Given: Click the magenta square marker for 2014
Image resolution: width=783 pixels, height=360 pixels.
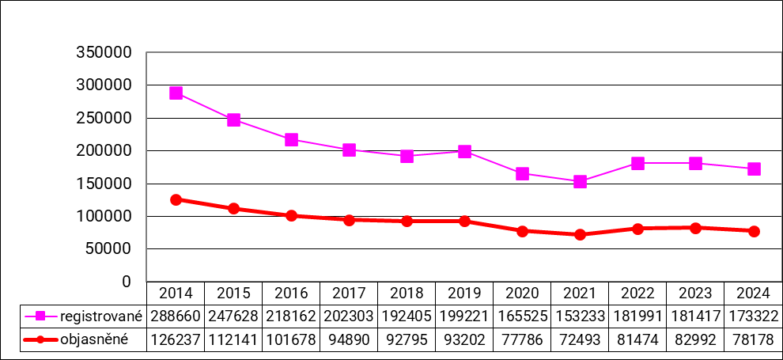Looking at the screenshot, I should click(176, 93).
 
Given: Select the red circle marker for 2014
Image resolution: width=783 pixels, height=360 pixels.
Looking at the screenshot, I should click(176, 199).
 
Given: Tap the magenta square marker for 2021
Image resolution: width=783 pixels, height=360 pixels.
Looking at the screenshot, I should click(581, 182).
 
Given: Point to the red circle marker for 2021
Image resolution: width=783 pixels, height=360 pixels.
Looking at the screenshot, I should click(581, 234).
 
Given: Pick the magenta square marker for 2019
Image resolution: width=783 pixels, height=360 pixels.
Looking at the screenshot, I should click(465, 152).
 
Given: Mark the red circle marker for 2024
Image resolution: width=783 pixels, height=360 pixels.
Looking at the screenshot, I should click(754, 231).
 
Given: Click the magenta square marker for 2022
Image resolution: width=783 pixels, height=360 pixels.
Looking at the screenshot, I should click(638, 163).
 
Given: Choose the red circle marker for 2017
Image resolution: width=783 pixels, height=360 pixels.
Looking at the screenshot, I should click(349, 220).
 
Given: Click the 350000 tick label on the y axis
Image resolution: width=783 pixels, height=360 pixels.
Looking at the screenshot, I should click(103, 53).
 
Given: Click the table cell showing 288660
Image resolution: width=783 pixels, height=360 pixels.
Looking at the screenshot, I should click(176, 316).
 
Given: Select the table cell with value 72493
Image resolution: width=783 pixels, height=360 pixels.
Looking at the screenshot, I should click(581, 339).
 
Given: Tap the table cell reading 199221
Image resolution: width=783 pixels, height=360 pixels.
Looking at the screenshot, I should click(465, 316).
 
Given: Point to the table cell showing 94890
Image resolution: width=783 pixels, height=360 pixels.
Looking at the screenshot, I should click(349, 339).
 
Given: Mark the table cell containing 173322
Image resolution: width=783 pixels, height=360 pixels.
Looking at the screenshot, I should click(754, 316).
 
